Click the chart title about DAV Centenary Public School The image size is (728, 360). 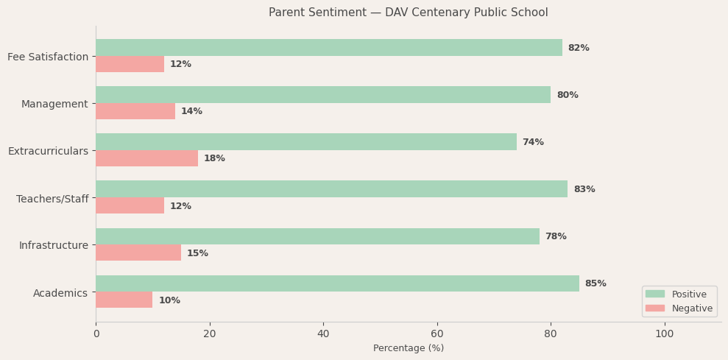408,13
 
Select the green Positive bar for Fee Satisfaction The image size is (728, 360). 328,48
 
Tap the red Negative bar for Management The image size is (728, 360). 135,111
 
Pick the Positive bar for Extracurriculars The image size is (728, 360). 305,142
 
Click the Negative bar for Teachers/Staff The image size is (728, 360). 130,205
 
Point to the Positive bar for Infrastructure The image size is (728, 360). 317,236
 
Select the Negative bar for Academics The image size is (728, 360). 124,300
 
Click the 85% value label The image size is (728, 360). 596,283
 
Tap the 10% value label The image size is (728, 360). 169,300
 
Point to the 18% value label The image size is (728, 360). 214,158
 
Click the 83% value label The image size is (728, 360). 584,189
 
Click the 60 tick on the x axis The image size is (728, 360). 437,333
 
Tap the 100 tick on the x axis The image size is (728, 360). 664,333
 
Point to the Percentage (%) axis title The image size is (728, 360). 408,348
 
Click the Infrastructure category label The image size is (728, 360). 53,245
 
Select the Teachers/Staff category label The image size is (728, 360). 52,199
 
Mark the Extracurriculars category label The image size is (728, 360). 48,151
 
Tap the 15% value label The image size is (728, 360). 197,253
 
